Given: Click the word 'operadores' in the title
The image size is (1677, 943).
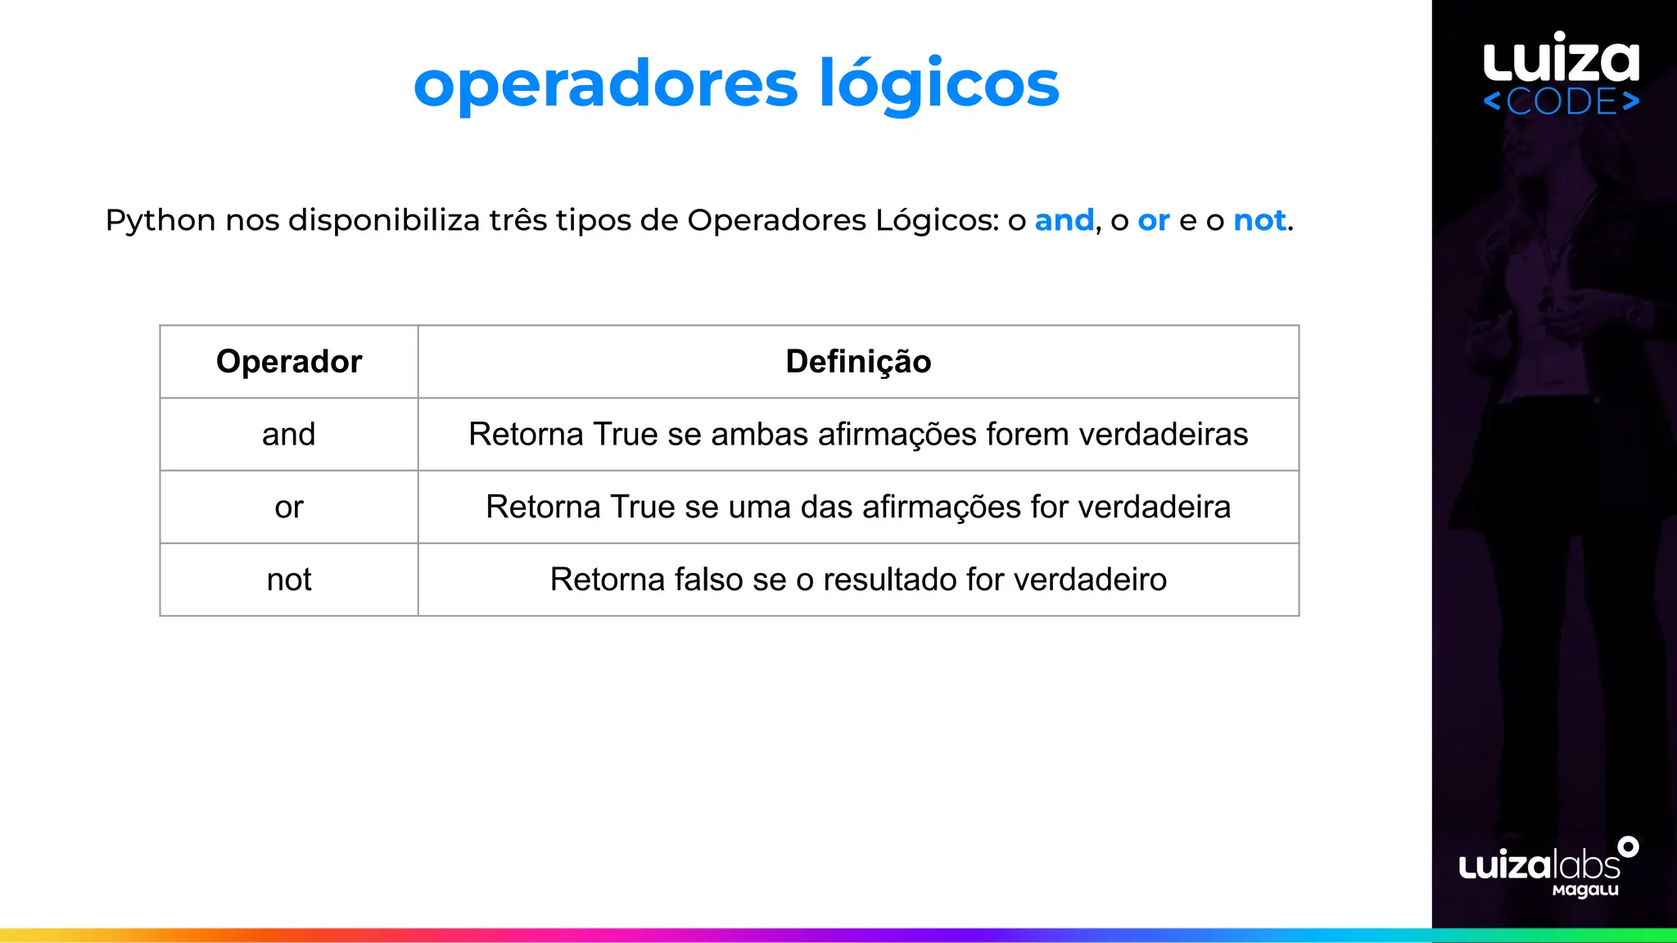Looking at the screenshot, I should click(x=605, y=84).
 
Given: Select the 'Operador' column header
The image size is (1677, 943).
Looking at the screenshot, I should click(x=289, y=362).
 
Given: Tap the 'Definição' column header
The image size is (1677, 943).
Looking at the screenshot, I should click(x=858, y=362).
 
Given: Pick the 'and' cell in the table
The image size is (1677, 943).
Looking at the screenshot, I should click(x=289, y=435).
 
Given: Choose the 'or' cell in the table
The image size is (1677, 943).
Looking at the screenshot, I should click(x=289, y=508).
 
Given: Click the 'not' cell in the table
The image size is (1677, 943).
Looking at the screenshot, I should click(x=289, y=580).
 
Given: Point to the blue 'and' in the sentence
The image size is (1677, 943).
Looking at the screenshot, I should click(x=1064, y=220).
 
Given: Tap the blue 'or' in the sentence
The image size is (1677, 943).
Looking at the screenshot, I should click(x=1153, y=221).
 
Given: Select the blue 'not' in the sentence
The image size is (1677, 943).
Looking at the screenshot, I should click(x=1259, y=220).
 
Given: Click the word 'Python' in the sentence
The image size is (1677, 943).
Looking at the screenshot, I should click(x=160, y=221).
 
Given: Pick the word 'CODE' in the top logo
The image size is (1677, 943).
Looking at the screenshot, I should click(x=1562, y=102).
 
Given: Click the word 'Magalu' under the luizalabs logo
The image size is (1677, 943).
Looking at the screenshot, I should click(x=1585, y=890).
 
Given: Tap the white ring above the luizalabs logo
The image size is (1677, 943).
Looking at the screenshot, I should click(x=1628, y=847).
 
